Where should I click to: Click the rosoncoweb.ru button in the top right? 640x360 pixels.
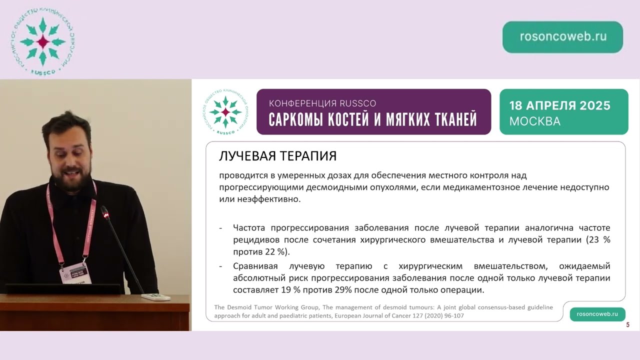point(562,37)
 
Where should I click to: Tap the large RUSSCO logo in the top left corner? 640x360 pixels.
point(42,42)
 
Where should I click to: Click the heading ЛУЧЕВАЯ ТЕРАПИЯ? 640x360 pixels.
point(277,156)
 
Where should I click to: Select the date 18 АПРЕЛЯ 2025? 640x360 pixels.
point(559,105)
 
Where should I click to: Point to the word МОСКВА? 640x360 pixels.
point(534,121)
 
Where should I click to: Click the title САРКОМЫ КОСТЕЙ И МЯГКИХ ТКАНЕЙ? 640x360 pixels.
point(372,119)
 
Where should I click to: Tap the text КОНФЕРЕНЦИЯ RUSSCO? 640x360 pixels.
point(322,103)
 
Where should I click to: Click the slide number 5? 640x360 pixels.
point(627,325)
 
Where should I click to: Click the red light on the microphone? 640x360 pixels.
point(105,215)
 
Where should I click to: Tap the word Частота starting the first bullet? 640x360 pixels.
point(250,227)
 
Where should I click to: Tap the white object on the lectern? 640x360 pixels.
point(155,297)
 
